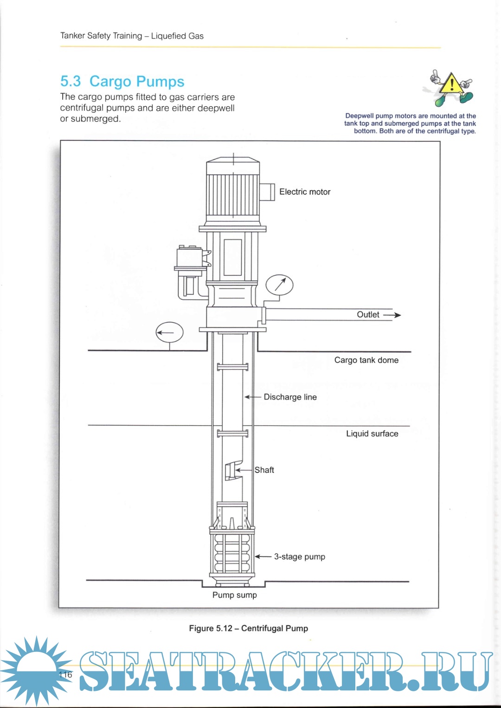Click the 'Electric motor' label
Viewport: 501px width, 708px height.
point(304,192)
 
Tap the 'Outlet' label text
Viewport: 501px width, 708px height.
point(368,314)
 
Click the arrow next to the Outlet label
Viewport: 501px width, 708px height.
point(392,315)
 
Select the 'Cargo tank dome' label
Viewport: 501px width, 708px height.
point(366,360)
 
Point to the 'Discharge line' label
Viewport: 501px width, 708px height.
point(290,397)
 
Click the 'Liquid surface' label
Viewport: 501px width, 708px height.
point(372,434)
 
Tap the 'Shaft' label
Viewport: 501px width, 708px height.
point(264,470)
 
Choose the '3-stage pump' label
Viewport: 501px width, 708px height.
point(299,556)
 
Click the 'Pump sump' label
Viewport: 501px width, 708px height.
point(234,595)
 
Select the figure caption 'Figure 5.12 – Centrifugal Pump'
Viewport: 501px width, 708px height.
point(248,628)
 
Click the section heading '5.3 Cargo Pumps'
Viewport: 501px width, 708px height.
point(122,82)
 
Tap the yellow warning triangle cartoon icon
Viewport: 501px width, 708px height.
point(450,87)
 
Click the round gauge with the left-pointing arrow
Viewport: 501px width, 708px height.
point(169,332)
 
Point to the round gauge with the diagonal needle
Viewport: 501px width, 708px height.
point(279,285)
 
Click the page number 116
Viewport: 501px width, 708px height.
point(66,675)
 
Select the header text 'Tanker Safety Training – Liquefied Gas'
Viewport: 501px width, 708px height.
point(132,36)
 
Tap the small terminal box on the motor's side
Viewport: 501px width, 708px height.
point(267,191)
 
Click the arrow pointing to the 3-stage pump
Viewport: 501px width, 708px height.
point(263,556)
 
